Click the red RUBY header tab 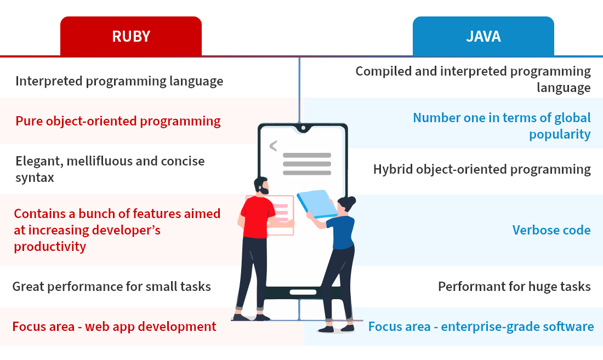[x=131, y=37]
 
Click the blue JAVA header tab [x=483, y=37]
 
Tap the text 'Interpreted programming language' [x=119, y=81]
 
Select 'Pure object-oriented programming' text [x=118, y=121]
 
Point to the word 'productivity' [x=50, y=246]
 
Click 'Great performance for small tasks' [x=111, y=287]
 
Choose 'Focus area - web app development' [x=114, y=327]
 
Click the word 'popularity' [x=560, y=134]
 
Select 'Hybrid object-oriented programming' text [x=482, y=169]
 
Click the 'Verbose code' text [x=551, y=230]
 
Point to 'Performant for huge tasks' [x=514, y=287]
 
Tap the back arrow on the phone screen [x=274, y=146]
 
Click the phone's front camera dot [x=304, y=128]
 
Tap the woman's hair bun [x=351, y=200]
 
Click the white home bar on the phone [x=303, y=293]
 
